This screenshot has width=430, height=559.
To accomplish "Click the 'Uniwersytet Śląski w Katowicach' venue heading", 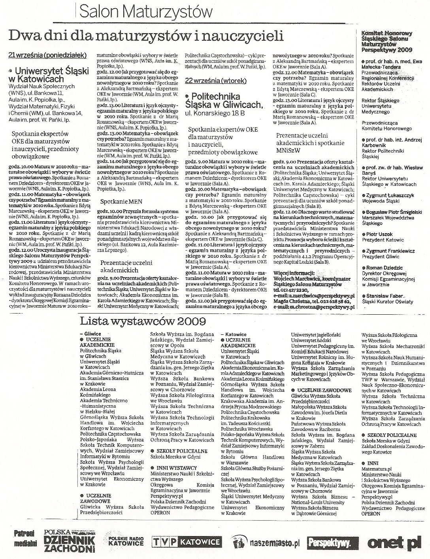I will coord(47,74).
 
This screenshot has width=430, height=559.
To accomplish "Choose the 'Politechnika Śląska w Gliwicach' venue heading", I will coord(223,100).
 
